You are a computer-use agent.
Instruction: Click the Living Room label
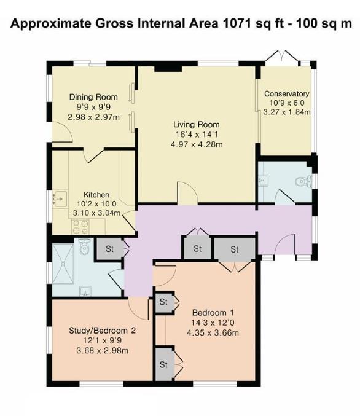(x=197, y=124)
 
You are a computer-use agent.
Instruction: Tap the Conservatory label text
(x=287, y=94)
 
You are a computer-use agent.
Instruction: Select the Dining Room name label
(x=93, y=97)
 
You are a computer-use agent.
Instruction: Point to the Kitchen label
(x=96, y=195)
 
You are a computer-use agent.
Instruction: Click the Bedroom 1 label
(x=213, y=313)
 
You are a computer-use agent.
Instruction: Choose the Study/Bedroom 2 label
(x=103, y=331)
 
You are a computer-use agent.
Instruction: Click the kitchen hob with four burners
(x=80, y=227)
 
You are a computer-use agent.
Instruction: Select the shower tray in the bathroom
(x=63, y=264)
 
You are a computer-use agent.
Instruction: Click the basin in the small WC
(x=264, y=181)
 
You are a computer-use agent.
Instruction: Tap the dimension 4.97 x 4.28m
(x=197, y=144)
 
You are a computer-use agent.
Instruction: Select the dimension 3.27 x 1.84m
(x=287, y=112)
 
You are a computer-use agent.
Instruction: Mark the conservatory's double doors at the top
(x=282, y=57)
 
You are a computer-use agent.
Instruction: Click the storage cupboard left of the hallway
(x=109, y=249)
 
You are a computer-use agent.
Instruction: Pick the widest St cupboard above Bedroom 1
(x=235, y=249)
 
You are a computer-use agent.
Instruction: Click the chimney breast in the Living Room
(x=168, y=69)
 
